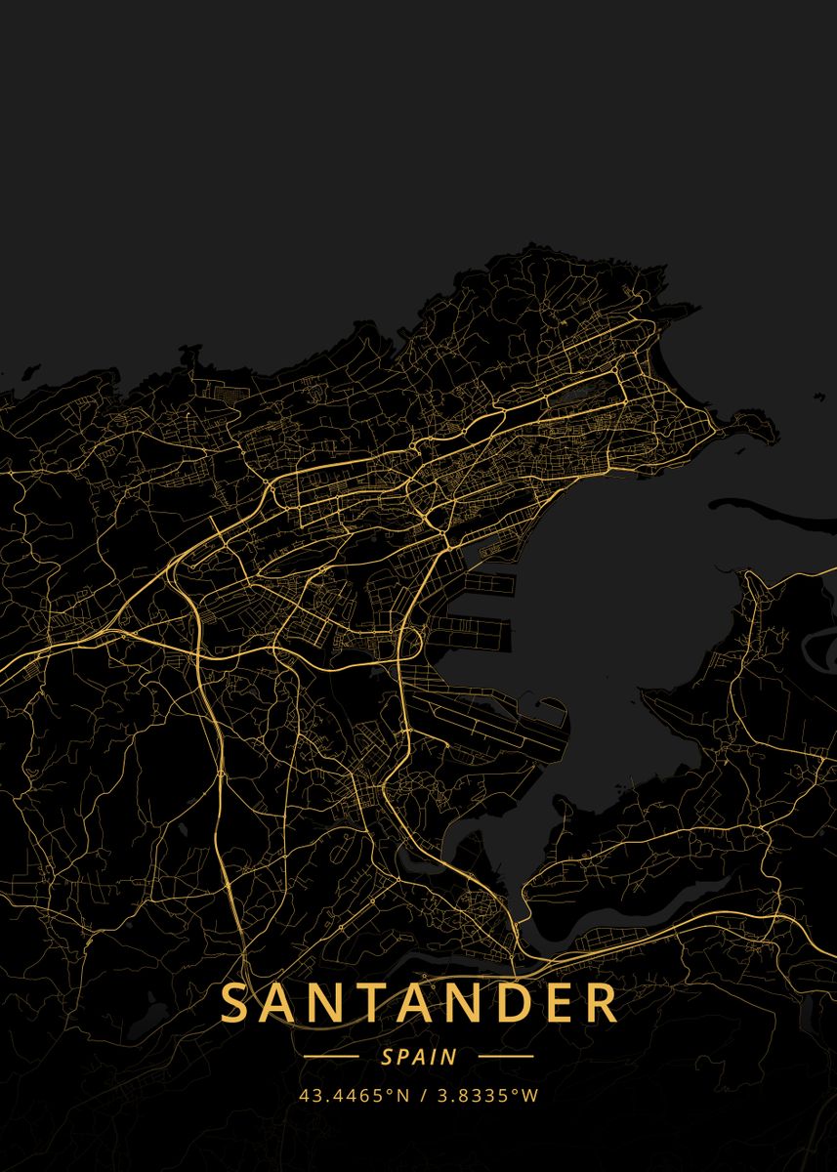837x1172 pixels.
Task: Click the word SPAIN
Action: click(x=419, y=1057)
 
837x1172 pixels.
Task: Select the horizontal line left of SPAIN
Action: click(x=331, y=1056)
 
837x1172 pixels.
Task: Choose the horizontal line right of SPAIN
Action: click(x=506, y=1056)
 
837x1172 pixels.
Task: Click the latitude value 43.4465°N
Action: click(x=354, y=1096)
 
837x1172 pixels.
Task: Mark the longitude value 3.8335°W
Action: click(x=485, y=1096)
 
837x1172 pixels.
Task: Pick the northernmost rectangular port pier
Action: click(x=488, y=584)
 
